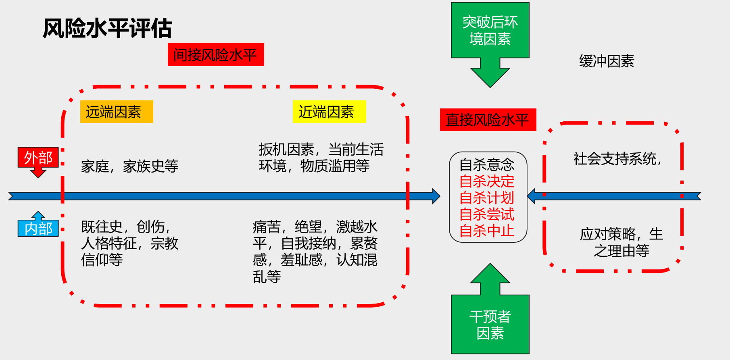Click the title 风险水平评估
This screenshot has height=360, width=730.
pos(107,29)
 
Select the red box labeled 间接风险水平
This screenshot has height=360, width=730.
pos(216,55)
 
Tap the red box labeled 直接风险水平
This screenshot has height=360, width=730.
pos(488,120)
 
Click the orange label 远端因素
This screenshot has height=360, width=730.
pos(117,112)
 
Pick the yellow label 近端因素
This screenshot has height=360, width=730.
pos(329,112)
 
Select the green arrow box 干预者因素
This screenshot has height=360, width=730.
pos(490,325)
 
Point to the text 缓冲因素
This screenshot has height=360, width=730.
pos(607,61)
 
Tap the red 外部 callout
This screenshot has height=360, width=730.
pos(38,158)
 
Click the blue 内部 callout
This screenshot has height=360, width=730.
pos(38,228)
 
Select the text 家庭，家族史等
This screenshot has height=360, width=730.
pos(129,166)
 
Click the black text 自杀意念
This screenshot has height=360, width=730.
pos(487,164)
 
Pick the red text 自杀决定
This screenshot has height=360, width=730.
pos(487,181)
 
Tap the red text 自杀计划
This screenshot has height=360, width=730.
pos(487,198)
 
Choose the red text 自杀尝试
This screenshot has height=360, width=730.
pos(487,214)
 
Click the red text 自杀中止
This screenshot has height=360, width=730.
pos(487,231)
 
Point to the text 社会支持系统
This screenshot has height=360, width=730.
pos(617,159)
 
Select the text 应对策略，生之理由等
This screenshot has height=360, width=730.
pos(621,242)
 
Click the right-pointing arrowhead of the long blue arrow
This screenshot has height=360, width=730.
pos(436,196)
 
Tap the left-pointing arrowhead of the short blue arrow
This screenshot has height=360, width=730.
pos(532,196)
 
